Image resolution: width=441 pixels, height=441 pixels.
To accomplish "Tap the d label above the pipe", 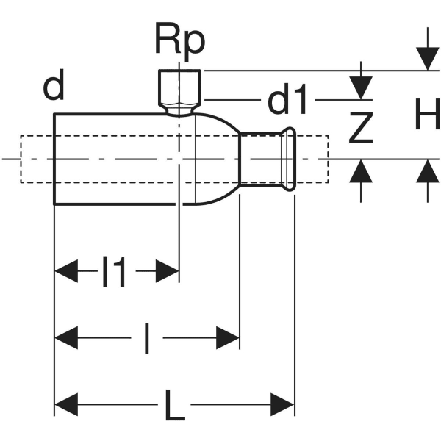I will pos(53,87).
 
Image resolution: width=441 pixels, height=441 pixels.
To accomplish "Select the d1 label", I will pos(287,101).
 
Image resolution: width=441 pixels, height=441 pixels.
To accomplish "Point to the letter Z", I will pos(360,129).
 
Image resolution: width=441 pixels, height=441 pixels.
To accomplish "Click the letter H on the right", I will pos(426,115).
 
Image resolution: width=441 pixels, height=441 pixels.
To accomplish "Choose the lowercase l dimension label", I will pos(147,339).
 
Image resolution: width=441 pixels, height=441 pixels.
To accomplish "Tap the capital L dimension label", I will pos(175,404).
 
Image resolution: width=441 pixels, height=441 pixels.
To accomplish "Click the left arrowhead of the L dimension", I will pos(66,404).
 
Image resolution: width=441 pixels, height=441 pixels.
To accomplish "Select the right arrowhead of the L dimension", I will pos(283,404).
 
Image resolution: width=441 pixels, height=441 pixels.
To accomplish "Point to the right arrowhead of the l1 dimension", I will pos(168,272).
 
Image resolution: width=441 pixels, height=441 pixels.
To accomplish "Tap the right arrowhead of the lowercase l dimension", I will pos(228,338).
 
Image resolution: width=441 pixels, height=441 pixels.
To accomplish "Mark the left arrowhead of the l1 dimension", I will pos(66,272).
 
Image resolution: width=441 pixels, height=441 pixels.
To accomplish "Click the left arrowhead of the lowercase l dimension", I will pos(66,338).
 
